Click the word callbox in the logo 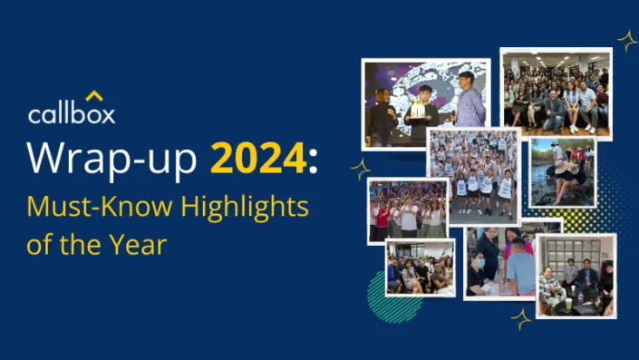point(71,114)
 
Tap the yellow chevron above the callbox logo point(94,95)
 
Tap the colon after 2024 point(313,161)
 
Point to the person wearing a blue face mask point(479,262)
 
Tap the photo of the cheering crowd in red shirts point(407,211)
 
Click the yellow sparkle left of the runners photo point(361,169)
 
